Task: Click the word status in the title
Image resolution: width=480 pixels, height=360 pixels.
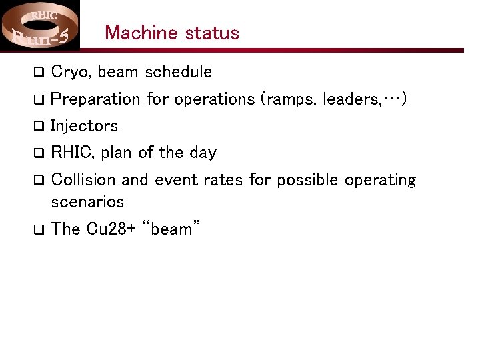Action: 212,33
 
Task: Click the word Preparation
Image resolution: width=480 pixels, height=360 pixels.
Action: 96,99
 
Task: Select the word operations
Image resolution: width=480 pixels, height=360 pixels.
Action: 214,99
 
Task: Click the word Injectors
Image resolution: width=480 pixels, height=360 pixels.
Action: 84,126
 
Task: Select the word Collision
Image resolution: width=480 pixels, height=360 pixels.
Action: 83,180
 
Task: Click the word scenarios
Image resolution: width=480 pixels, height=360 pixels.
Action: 87,201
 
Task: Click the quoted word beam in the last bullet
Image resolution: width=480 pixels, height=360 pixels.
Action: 171,229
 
